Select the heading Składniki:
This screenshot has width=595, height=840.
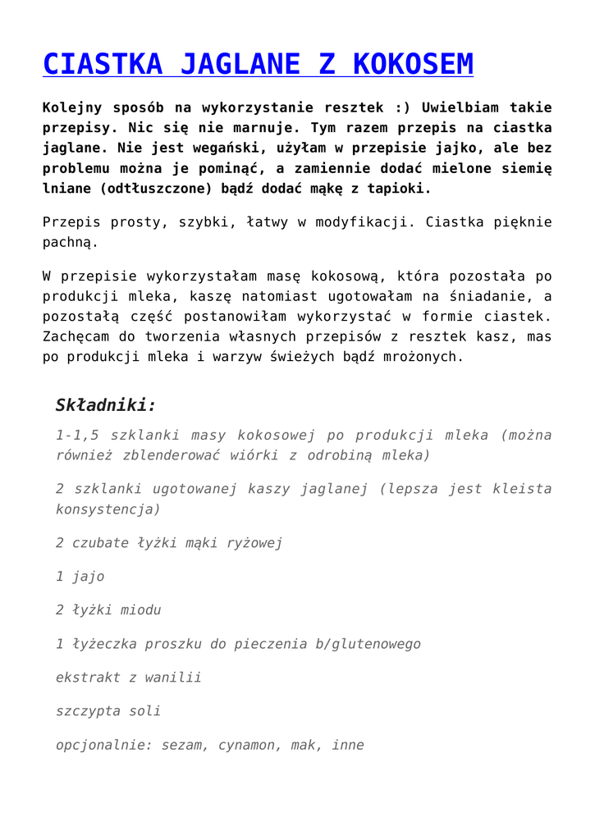105,405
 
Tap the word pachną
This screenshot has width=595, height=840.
71,243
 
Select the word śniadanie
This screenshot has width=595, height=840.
490,296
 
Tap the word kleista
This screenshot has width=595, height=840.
522,489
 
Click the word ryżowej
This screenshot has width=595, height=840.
254,543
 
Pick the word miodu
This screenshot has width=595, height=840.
140,610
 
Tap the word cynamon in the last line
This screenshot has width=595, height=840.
249,746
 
